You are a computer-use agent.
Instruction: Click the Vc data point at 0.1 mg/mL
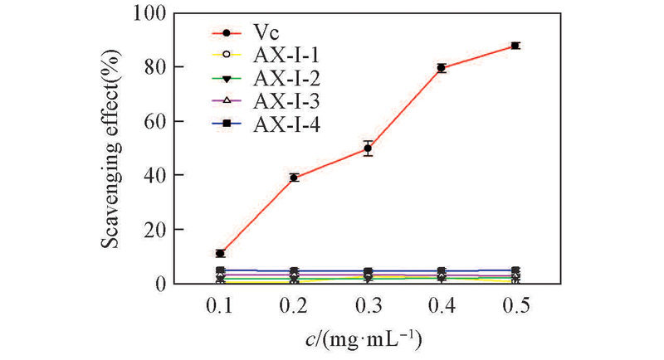coord(220,253)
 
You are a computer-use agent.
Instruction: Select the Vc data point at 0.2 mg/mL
coord(294,178)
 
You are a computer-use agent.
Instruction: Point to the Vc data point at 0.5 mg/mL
coord(515,46)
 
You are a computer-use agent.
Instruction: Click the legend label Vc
coord(266,34)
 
